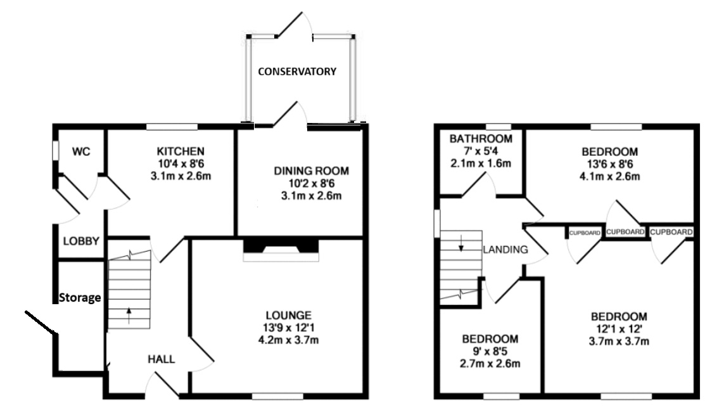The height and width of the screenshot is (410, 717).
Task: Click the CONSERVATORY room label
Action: point(297,72)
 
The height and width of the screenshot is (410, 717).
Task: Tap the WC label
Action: point(81,151)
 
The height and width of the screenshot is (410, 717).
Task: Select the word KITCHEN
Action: point(181,151)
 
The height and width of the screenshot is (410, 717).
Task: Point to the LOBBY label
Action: point(82,241)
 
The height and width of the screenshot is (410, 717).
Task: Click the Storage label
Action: point(80,298)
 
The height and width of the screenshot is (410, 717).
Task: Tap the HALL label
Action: point(161,359)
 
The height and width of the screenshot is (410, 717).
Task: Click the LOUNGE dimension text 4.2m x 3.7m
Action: point(289,340)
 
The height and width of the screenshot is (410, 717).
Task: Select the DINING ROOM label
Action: point(312,171)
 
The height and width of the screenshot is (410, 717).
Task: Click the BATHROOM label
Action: point(481,139)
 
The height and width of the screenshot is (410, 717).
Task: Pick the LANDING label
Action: point(505,250)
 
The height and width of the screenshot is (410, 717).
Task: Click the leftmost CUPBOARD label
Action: point(585,233)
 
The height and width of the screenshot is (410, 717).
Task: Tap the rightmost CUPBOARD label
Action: point(671,232)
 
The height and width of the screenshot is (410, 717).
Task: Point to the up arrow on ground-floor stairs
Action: point(129,316)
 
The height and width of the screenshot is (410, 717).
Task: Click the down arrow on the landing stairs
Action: point(461,243)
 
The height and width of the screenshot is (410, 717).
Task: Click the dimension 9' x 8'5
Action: point(490,352)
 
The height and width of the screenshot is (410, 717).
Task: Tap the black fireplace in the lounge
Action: point(281,245)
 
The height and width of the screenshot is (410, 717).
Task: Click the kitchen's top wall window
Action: point(172,126)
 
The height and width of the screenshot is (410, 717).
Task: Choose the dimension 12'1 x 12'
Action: point(619,328)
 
